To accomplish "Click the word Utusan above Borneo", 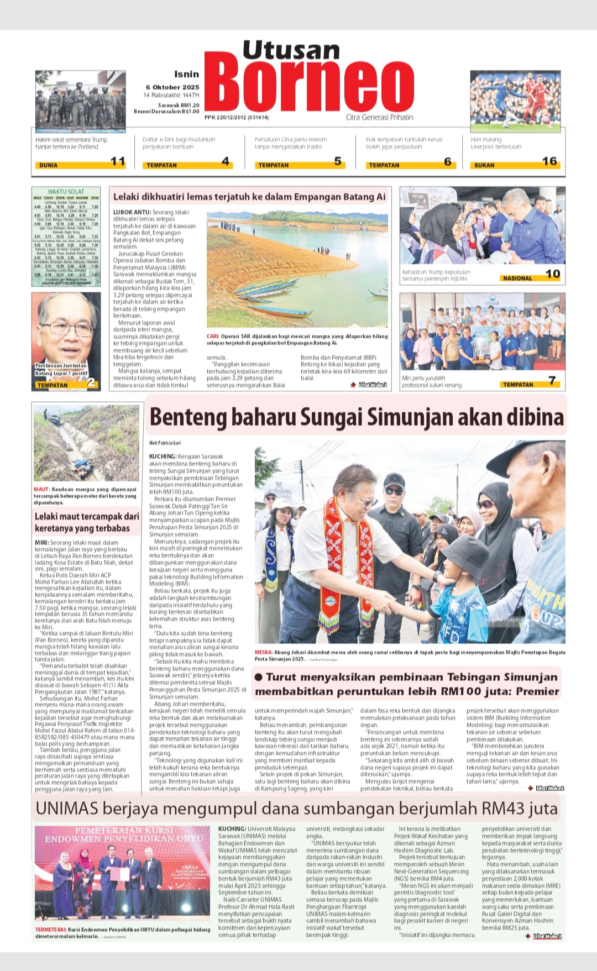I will (x=291, y=50).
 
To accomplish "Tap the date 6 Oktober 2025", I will (x=172, y=87).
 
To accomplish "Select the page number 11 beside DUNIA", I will (x=118, y=161).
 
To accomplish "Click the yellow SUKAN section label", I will (x=484, y=165).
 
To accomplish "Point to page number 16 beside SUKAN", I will (x=549, y=161).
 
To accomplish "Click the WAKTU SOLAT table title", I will (x=66, y=192).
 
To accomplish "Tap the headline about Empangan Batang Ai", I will (x=249, y=197).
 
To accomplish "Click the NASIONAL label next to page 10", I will (x=517, y=279).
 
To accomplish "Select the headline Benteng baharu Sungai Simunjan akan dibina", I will (x=357, y=417).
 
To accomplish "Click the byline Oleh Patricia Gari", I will (x=165, y=443).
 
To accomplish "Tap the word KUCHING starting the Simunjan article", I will (x=163, y=456).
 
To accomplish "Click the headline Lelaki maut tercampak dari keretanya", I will (x=87, y=522).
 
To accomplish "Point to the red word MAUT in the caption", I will (x=41, y=490).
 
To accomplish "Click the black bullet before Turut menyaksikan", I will (x=259, y=677).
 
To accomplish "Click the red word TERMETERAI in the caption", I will (x=51, y=930).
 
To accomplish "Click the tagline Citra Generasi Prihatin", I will (x=379, y=117).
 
